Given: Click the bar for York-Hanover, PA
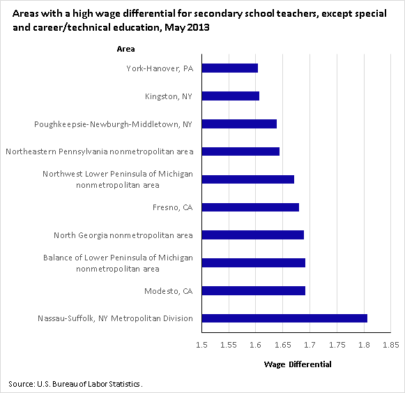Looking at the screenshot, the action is point(230,68).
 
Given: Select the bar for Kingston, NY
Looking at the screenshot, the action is point(231,96).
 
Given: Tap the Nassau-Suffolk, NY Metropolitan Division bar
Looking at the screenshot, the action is point(284,318).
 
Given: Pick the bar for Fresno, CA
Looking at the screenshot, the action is point(250,207).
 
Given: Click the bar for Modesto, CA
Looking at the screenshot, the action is point(254,290).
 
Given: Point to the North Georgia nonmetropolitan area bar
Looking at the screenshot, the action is point(253,235).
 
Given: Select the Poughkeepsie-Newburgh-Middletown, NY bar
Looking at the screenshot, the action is point(239,124).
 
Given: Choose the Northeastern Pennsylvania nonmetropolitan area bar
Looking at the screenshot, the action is point(240,151).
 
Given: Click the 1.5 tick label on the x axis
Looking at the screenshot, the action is point(201,345).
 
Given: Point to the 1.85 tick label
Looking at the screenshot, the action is point(391,345).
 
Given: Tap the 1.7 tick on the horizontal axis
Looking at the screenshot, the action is point(310,345).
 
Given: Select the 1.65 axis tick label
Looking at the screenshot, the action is point(283,345).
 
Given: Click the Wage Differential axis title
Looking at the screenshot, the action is point(298,364).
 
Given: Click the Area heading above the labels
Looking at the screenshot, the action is point(125,49).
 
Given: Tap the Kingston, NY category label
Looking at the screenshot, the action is point(169,96).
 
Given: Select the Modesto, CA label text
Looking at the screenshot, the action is point(169,291).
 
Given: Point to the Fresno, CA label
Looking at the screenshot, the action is point(173,207).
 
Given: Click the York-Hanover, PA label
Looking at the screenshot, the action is point(160,68).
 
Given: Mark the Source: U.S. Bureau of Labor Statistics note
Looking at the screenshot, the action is point(75,384).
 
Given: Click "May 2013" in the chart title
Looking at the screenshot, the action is point(187,27).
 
